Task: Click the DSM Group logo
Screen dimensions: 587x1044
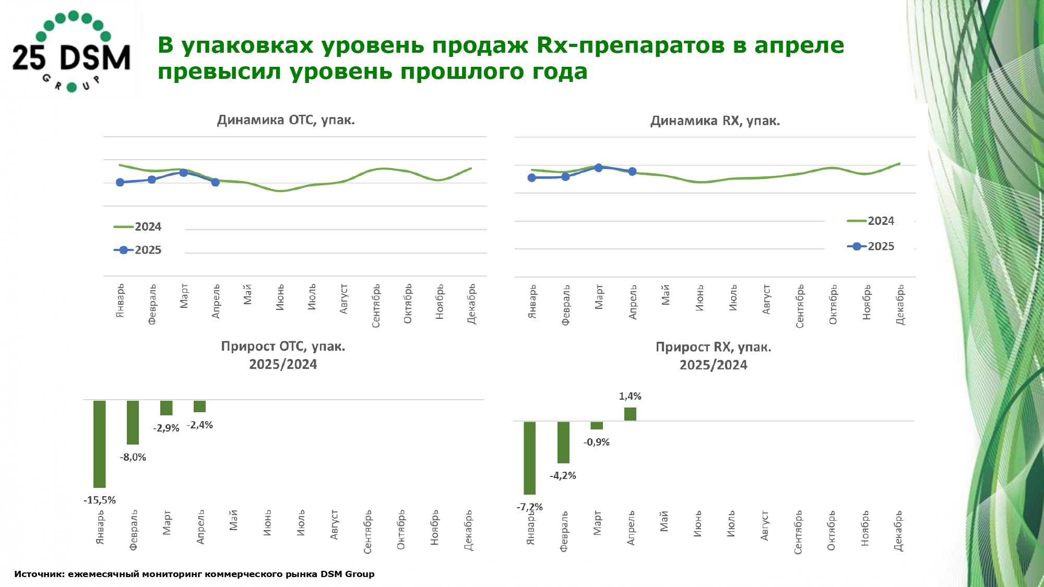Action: (x=72, y=51)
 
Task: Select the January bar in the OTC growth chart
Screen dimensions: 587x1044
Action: (x=100, y=444)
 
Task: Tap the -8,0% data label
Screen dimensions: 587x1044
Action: (x=133, y=458)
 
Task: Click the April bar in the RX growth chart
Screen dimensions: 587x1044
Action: (x=630, y=414)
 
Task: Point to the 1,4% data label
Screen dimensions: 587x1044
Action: (x=630, y=397)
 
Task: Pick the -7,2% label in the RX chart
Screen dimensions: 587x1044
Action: (x=530, y=507)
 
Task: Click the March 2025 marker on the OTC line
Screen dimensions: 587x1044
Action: (x=184, y=173)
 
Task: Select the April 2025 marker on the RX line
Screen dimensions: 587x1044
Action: (x=632, y=171)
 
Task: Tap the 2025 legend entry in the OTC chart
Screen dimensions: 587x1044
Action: (x=138, y=250)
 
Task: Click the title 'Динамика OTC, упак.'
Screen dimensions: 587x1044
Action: (x=286, y=120)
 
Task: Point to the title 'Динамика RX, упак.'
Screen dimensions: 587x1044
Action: (x=715, y=121)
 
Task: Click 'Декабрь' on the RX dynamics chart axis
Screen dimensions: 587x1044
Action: (x=900, y=305)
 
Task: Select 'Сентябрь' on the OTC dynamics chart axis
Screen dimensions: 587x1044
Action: (x=376, y=306)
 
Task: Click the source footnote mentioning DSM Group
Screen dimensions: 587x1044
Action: (x=194, y=574)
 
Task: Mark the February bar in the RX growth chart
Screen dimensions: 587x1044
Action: (x=563, y=442)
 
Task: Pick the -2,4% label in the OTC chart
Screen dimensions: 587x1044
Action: (x=200, y=425)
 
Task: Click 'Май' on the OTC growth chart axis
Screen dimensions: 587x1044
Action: (x=233, y=520)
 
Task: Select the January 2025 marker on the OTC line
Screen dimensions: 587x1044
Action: (x=120, y=182)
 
